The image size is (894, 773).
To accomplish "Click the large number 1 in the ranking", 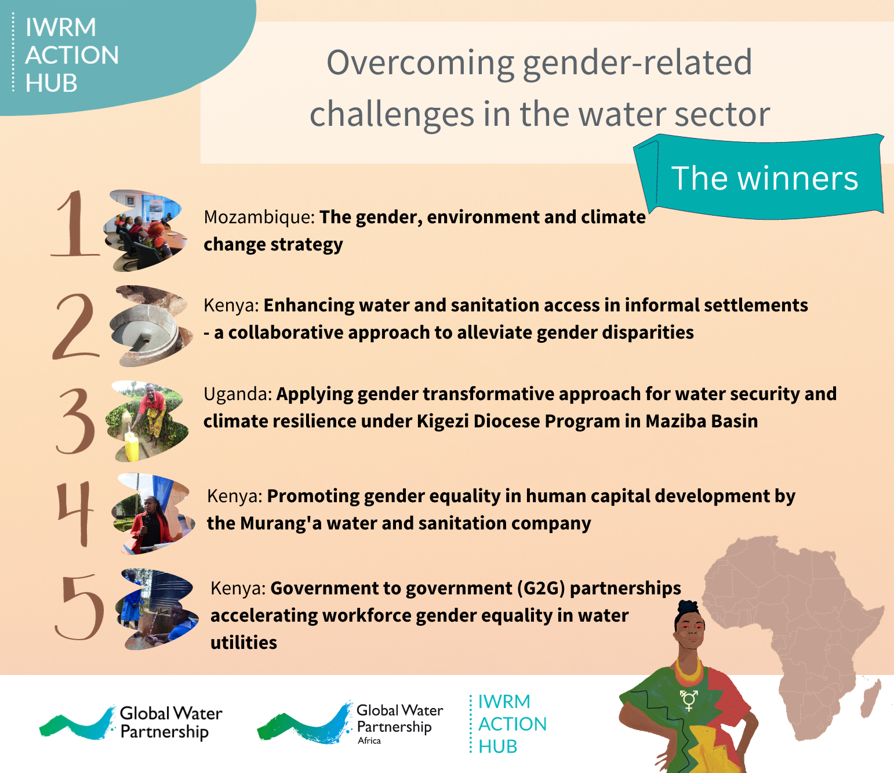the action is [x=74, y=223].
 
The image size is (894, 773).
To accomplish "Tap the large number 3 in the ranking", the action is [x=75, y=420].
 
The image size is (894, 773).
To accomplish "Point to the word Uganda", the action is [x=238, y=394].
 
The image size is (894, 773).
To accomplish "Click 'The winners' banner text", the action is [x=764, y=178].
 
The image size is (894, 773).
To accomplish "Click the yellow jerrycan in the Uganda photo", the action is [x=132, y=445].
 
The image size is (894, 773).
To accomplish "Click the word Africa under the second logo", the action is [x=369, y=741].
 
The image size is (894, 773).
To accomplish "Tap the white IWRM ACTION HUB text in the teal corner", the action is [x=72, y=55].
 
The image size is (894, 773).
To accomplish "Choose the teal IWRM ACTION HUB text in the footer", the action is [x=512, y=724].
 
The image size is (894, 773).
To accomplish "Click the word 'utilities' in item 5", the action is [x=244, y=643].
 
